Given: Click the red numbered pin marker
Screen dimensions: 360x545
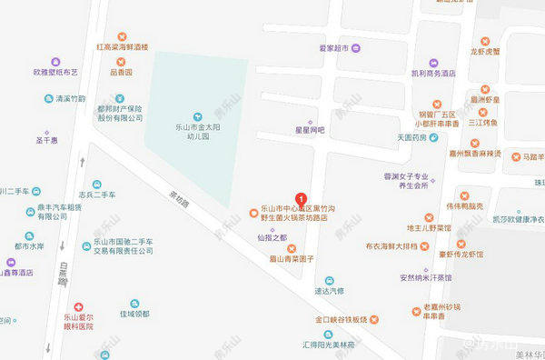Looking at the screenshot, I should coord(302,197).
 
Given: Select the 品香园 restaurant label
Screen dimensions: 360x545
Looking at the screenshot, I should coord(122,71).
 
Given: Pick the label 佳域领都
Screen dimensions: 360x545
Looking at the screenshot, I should coord(134,314).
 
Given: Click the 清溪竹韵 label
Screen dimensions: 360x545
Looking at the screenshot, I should coord(70,98).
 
